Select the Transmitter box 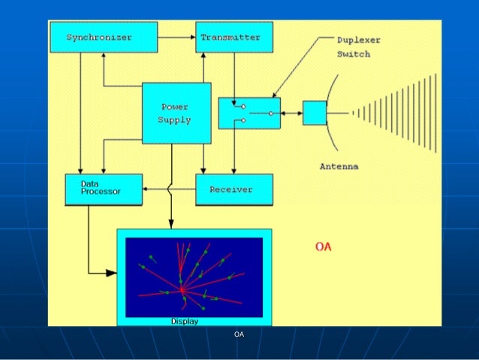(x=233, y=38)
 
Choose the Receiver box (x=233, y=189)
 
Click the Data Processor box (x=104, y=189)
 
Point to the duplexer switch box (x=249, y=113)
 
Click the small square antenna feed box (x=315, y=113)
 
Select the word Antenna (x=339, y=166)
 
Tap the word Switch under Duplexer (x=353, y=54)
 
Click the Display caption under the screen (x=184, y=322)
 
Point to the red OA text (x=323, y=247)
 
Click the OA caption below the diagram (x=239, y=334)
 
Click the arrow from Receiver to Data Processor (x=169, y=190)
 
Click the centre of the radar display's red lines (x=182, y=289)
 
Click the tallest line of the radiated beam (x=435, y=113)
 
